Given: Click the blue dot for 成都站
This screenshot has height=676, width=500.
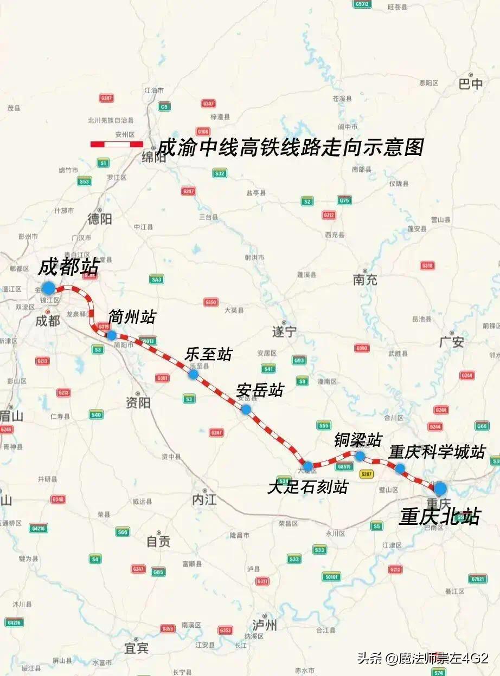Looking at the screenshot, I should (x=49, y=288).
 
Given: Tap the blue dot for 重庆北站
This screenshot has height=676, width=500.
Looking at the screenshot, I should (x=440, y=488).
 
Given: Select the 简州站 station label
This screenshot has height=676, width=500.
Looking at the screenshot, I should (x=132, y=317).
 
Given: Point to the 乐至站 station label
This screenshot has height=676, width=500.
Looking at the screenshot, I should (x=208, y=355).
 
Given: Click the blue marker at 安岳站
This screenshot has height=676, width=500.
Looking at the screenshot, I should (x=246, y=409).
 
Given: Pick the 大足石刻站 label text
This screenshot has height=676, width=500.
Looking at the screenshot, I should (x=307, y=487).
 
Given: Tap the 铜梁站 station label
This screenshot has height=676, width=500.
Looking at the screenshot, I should (x=358, y=439).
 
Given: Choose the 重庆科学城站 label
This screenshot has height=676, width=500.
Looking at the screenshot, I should (x=437, y=452).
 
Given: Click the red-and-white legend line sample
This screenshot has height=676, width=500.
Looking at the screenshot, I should (x=117, y=144).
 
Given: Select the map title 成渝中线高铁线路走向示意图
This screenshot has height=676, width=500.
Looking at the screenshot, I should (x=290, y=147).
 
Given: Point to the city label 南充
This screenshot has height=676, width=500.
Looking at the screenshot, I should (x=365, y=280).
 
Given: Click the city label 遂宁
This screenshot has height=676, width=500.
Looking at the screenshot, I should (x=284, y=331).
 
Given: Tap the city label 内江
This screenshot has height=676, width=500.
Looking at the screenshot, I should (x=204, y=499).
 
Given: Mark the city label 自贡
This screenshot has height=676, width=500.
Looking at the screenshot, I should (x=158, y=541).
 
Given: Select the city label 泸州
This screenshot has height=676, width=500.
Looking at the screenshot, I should (x=265, y=625).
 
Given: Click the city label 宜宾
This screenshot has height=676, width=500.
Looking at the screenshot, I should (x=136, y=647).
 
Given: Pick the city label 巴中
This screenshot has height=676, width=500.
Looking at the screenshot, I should (x=470, y=84).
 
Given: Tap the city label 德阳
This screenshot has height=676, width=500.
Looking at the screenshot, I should (x=100, y=218).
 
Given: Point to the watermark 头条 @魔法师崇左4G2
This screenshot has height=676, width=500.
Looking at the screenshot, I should (x=423, y=658).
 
